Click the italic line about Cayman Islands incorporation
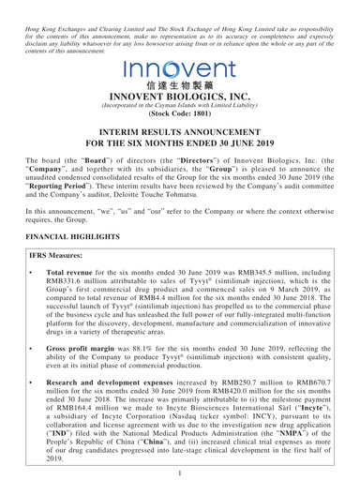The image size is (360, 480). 179,112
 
